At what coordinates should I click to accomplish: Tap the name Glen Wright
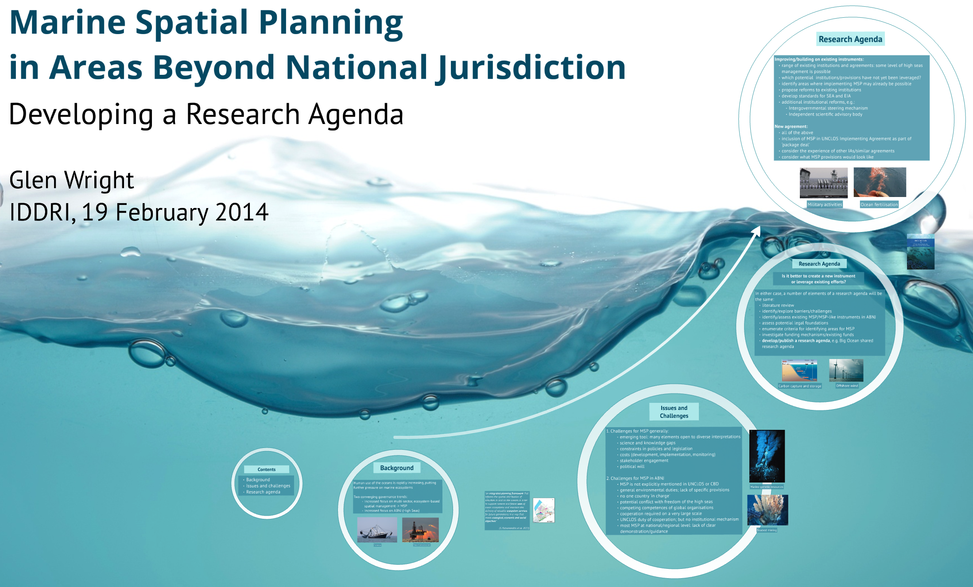click(x=71, y=180)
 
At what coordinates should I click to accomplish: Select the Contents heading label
click(x=267, y=469)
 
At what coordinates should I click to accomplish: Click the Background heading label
click(x=396, y=468)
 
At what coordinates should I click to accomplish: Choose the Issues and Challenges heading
click(x=674, y=412)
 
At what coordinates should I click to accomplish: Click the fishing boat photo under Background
click(x=377, y=529)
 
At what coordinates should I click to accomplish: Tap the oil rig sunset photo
click(x=420, y=529)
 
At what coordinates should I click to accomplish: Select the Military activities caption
click(x=824, y=205)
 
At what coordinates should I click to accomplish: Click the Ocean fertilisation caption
click(x=879, y=205)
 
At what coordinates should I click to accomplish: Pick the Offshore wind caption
click(x=847, y=386)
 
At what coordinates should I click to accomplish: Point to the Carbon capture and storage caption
click(x=799, y=386)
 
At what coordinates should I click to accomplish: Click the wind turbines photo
click(x=846, y=370)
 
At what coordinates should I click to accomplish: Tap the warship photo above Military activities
click(x=823, y=182)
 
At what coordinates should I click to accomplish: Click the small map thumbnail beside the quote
click(x=543, y=510)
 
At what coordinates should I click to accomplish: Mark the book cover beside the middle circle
click(x=920, y=252)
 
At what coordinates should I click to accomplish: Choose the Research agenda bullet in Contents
click(x=263, y=492)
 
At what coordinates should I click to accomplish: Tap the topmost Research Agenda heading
click(x=850, y=39)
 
